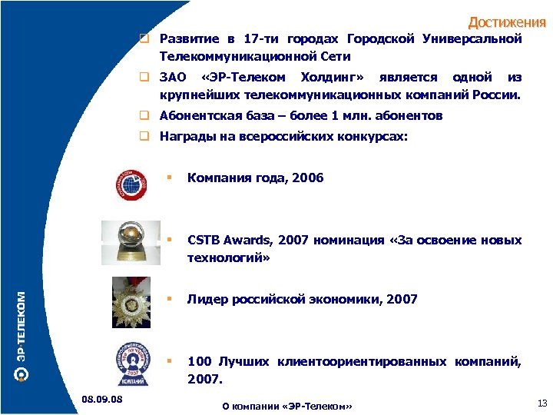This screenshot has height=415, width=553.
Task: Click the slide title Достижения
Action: pyautogui.click(x=506, y=22)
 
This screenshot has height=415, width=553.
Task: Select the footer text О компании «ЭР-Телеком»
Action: pyautogui.click(x=286, y=406)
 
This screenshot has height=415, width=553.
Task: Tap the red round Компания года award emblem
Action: pyautogui.click(x=134, y=181)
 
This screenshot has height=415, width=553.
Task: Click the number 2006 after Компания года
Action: pyautogui.click(x=308, y=178)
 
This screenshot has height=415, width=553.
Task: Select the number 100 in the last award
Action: pyautogui.click(x=199, y=360)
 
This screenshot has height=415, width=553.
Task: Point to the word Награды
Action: pyautogui.click(x=185, y=136)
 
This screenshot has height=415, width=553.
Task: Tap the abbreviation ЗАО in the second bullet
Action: pyautogui.click(x=173, y=78)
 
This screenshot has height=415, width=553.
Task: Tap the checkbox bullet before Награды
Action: pyautogui.click(x=143, y=136)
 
